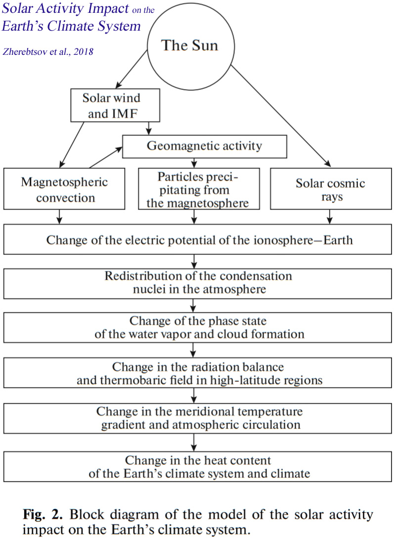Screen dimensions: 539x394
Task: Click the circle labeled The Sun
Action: click(190, 46)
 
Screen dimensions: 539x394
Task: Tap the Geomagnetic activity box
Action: click(205, 146)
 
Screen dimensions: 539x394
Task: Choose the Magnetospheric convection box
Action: click(64, 189)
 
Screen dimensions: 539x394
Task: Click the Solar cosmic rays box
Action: click(330, 189)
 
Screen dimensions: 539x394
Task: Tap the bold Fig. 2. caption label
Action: click(41, 514)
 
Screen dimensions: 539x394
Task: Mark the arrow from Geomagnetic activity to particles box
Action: click(196, 161)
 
